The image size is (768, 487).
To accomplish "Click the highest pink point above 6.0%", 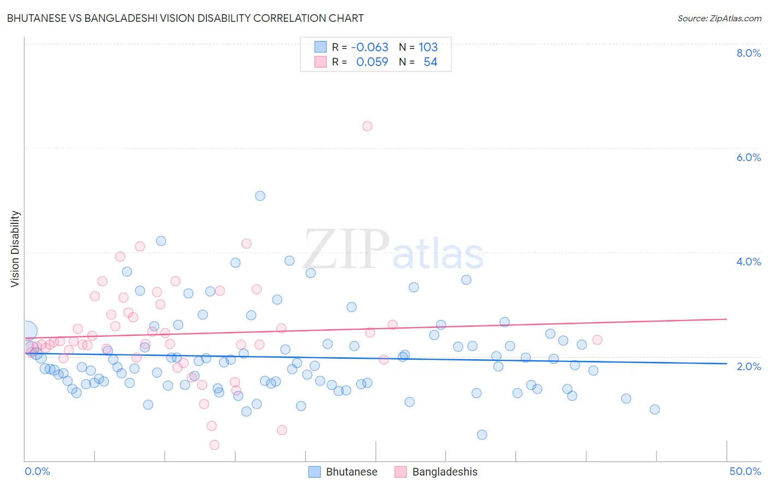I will [x=367, y=126].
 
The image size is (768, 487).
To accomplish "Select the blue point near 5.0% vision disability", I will [x=260, y=195].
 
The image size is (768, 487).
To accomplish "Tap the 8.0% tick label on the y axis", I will [x=748, y=53].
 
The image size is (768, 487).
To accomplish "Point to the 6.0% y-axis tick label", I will [x=748, y=157].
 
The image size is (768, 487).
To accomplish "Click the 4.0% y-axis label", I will [x=748, y=262].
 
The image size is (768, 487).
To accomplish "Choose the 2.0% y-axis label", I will [x=748, y=366].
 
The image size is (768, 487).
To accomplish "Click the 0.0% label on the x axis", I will [x=37, y=471].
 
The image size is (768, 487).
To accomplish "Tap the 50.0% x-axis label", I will [x=745, y=471].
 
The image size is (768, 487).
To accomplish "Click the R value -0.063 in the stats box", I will [x=369, y=47].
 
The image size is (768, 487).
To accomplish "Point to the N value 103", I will [x=428, y=47].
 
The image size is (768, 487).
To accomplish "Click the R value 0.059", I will [x=371, y=62].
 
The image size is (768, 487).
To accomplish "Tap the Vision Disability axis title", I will [x=15, y=249].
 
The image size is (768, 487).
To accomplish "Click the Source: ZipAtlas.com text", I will [x=719, y=18].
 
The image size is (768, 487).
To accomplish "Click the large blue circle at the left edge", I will [x=27, y=331].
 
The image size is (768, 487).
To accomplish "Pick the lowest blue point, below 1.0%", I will [x=482, y=435].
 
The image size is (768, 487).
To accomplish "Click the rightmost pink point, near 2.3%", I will [x=597, y=340].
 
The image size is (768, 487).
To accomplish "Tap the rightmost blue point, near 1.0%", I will [x=654, y=409].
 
